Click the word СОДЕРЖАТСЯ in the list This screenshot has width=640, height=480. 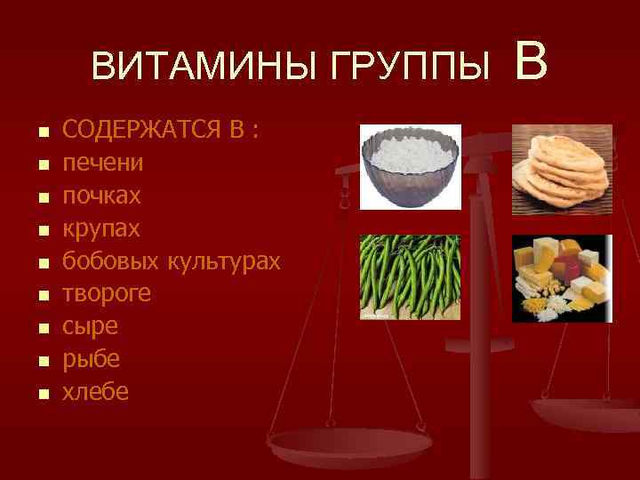click(142, 132)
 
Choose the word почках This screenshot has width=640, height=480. click(103, 196)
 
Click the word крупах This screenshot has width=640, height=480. click(101, 228)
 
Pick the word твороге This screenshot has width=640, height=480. click(107, 294)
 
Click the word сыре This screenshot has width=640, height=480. click(89, 326)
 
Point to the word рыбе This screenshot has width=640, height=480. click(90, 359)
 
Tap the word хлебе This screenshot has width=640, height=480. click(95, 391)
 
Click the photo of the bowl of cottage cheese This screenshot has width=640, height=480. click(410, 167)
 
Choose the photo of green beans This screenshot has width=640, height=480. click(410, 277)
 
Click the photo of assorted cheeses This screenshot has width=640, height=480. click(562, 277)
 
